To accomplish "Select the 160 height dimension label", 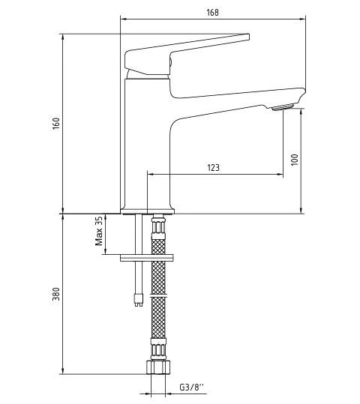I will (x=56, y=123).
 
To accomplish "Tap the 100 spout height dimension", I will (x=295, y=160).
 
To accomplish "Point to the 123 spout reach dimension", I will (x=213, y=168).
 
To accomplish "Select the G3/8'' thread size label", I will (x=190, y=388).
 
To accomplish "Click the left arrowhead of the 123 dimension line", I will (x=150, y=175).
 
